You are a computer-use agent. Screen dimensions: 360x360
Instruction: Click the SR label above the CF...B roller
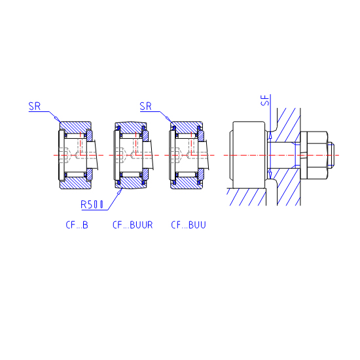point(35,106)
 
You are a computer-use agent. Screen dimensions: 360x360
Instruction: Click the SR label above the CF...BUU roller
point(145,106)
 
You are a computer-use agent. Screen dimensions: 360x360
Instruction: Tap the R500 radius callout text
point(92,205)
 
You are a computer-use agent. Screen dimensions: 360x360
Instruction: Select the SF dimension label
point(265,100)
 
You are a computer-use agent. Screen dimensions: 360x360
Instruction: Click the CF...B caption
point(77,225)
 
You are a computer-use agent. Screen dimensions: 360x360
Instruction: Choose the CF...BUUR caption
point(132,225)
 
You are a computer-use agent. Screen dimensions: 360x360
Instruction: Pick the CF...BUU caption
point(189,225)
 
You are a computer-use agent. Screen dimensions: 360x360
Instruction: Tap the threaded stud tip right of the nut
point(331,155)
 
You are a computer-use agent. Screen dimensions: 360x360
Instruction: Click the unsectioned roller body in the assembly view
point(249,155)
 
